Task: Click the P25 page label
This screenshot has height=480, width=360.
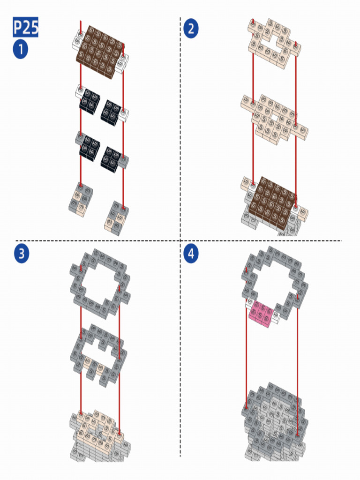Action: click(25, 27)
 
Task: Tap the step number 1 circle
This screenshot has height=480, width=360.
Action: click(21, 50)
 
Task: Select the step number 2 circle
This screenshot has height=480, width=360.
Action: click(191, 29)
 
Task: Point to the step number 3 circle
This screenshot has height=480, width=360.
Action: click(22, 254)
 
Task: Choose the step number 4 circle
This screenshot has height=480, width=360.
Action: click(191, 254)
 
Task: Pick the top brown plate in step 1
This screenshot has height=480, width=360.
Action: click(100, 52)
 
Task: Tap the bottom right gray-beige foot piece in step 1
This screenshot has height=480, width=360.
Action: click(116, 218)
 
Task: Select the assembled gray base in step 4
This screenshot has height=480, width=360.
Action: click(275, 422)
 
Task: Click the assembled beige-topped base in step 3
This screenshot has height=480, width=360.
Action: click(100, 435)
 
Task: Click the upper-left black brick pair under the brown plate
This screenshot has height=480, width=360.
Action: click(90, 102)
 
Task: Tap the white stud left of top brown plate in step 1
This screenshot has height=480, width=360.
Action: click(78, 40)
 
